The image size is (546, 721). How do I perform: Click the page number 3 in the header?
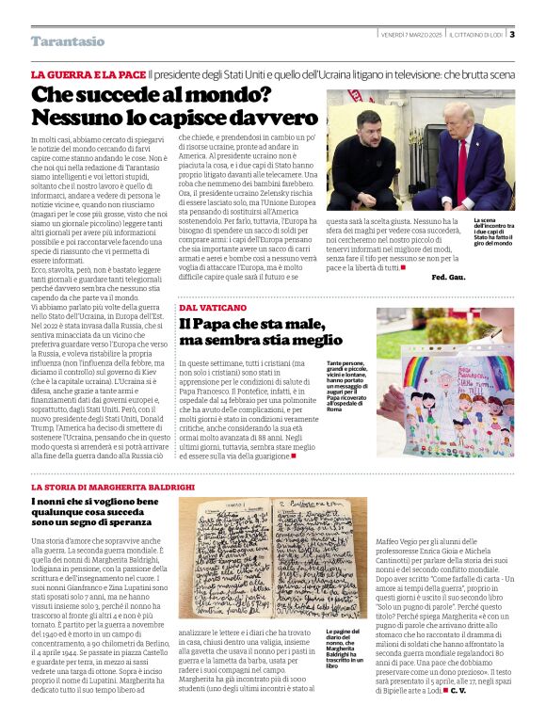click(511, 35)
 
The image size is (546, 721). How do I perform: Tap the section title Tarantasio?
click(68, 41)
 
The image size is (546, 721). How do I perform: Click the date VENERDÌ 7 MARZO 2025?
click(410, 35)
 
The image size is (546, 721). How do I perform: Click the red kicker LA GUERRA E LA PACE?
click(88, 73)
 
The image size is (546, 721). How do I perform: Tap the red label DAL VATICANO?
click(214, 307)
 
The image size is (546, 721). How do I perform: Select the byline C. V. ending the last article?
click(458, 691)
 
